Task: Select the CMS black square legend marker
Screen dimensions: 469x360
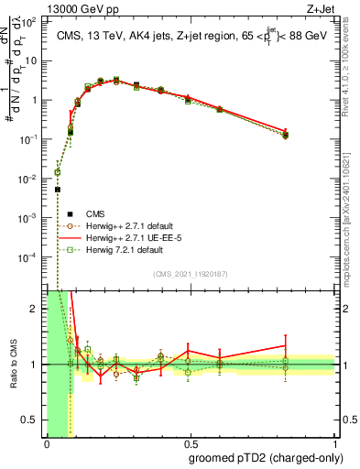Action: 57,213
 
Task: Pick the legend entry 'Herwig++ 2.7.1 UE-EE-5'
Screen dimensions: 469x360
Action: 127,237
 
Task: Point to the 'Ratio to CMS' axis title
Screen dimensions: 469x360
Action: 14,365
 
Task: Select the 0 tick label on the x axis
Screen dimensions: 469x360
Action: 46,444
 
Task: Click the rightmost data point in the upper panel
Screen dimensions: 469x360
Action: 285,135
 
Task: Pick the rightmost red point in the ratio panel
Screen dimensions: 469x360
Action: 285,346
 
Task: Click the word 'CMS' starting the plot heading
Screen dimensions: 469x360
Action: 69,35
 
